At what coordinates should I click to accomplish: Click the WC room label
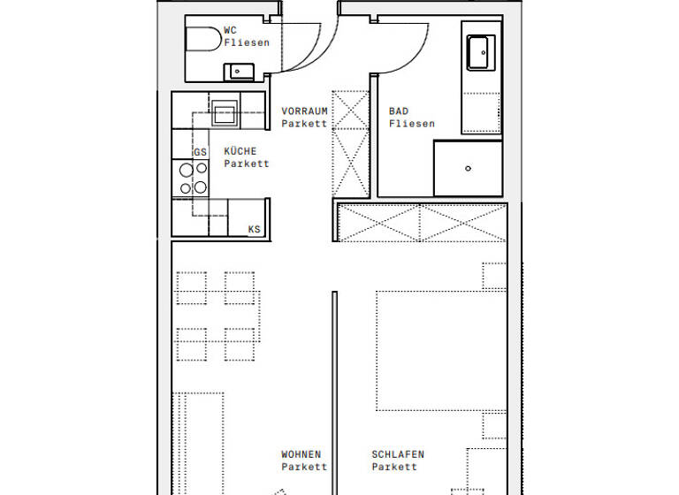(230, 30)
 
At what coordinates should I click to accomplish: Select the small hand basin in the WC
(240, 70)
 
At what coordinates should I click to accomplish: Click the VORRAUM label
(304, 111)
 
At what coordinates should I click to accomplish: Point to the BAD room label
(399, 111)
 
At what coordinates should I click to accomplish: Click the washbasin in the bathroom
(482, 52)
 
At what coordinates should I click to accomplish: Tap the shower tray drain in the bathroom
(468, 168)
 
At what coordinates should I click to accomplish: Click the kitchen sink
(224, 113)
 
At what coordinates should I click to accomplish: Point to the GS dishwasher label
(201, 152)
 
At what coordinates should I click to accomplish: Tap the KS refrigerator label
(255, 230)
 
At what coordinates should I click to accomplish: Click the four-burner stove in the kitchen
(194, 178)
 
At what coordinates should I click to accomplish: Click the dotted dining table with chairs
(217, 316)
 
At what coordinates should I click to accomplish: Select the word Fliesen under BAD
(412, 124)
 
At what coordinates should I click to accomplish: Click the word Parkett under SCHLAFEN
(394, 467)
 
